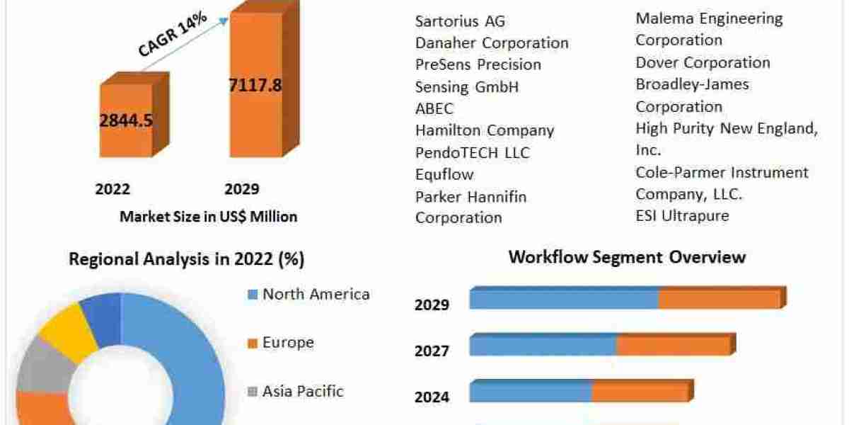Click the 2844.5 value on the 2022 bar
[126, 120]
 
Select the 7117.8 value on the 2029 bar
[255, 86]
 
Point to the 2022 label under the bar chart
[112, 189]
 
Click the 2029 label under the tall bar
[242, 189]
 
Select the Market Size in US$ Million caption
[209, 217]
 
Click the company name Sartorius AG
[461, 21]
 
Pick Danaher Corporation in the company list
[492, 43]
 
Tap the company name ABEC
[434, 109]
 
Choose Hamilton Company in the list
[485, 131]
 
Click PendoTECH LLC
[472, 153]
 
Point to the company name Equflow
[444, 174]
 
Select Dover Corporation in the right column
[703, 62]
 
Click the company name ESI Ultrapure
[682, 215]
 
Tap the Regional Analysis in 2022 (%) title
[187, 260]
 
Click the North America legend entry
[316, 295]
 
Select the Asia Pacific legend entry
[303, 391]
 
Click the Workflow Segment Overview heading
[627, 256]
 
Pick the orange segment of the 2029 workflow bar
[719, 299]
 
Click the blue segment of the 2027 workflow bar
[543, 346]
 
